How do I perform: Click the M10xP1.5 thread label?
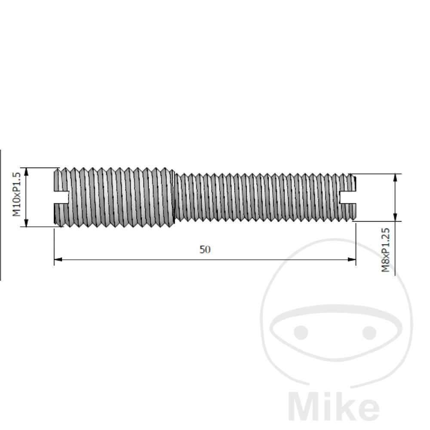coord(17,194)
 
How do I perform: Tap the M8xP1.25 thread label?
coord(386,250)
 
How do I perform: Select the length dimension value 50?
coord(205,249)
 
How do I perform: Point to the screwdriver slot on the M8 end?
coord(348,197)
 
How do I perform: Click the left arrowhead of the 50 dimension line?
coord(58,259)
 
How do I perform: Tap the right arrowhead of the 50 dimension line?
coord(352,259)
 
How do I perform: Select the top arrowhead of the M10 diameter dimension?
coord(26,172)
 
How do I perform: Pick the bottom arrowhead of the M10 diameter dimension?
coord(26,223)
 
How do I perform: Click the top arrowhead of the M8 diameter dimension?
coord(395,178)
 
